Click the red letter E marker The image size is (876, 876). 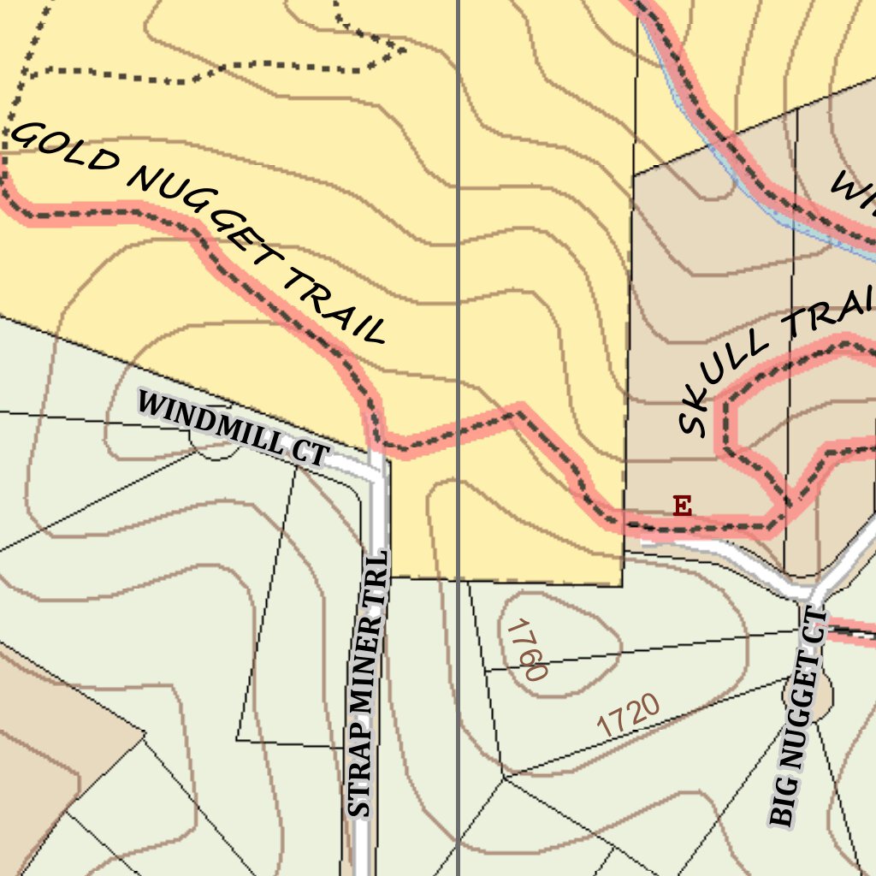(x=682, y=506)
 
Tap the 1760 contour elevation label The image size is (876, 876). (x=525, y=650)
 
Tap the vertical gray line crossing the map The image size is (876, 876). (x=459, y=257)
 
